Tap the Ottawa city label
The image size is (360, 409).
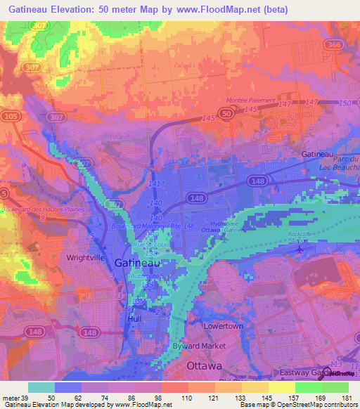click(x=205, y=366)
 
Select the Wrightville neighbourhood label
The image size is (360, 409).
click(x=86, y=258)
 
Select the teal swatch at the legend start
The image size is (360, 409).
click(x=41, y=387)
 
